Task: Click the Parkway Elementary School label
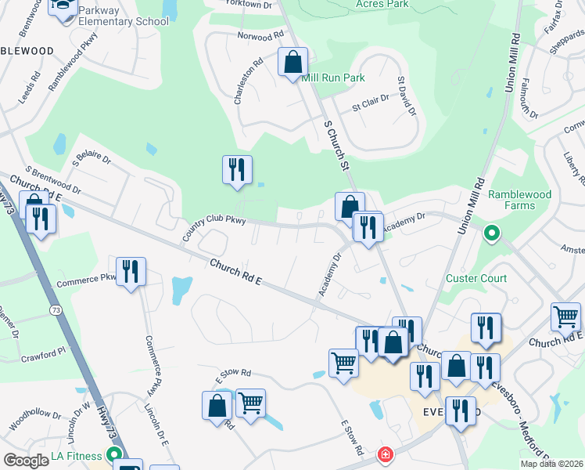pos(123,21)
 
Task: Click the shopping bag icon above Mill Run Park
pos(292,63)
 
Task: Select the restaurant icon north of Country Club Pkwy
pos(237,170)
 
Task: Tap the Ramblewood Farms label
pos(520,200)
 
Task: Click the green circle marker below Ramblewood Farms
pos(492,233)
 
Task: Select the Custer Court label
pos(476,278)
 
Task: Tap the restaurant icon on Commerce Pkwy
pos(131,272)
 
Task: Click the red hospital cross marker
pos(385,454)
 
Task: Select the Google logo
pos(26,461)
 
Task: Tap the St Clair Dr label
pos(371,106)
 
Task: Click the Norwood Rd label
pos(260,37)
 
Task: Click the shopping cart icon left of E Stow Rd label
pos(250,403)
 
